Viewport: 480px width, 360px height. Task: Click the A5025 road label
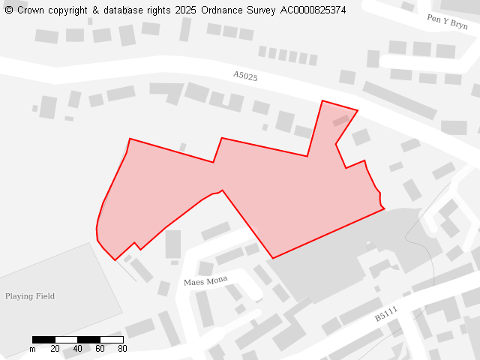click(x=245, y=76)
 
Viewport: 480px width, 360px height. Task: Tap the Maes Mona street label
click(x=205, y=281)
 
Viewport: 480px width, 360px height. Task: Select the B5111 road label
click(x=386, y=314)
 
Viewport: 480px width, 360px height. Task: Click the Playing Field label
click(x=30, y=296)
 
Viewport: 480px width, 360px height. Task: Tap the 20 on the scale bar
click(x=55, y=349)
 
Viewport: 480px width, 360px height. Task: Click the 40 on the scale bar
click(x=77, y=349)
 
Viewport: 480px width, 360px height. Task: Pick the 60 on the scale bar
click(x=100, y=349)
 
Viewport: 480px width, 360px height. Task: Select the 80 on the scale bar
click(x=122, y=349)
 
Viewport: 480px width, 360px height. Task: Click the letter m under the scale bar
click(x=32, y=349)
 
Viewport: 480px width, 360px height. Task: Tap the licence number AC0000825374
click(x=313, y=10)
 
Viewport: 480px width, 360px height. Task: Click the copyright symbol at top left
click(x=9, y=10)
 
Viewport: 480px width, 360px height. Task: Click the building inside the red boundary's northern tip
click(x=341, y=119)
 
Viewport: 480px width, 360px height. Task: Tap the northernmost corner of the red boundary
click(x=322, y=100)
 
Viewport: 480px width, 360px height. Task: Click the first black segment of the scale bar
click(x=43, y=340)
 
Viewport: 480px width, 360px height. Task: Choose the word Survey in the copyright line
click(x=262, y=10)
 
